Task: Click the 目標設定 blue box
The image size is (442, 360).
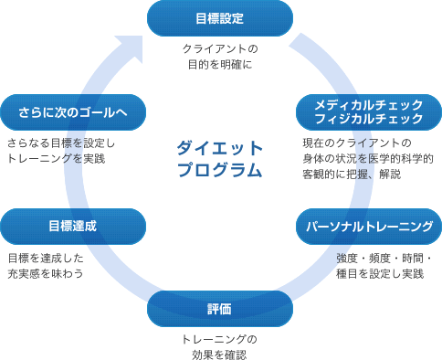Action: click(x=220, y=17)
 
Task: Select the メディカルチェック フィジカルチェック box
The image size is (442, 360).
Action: click(x=368, y=111)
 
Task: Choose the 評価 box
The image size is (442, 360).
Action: click(x=220, y=309)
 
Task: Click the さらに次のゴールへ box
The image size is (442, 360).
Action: click(x=73, y=112)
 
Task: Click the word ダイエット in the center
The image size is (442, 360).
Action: click(x=220, y=148)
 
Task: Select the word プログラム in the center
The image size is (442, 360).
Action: click(x=220, y=170)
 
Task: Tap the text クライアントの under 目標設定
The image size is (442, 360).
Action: click(x=220, y=48)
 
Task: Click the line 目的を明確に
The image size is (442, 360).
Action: click(x=220, y=65)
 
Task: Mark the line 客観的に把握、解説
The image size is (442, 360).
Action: click(x=351, y=174)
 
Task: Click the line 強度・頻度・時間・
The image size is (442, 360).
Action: click(x=388, y=258)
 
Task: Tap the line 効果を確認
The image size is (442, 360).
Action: click(x=220, y=355)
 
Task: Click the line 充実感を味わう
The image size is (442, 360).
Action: click(x=45, y=273)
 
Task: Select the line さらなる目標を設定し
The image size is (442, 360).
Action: click(x=59, y=143)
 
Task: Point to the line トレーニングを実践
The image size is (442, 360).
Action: click(x=56, y=158)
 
